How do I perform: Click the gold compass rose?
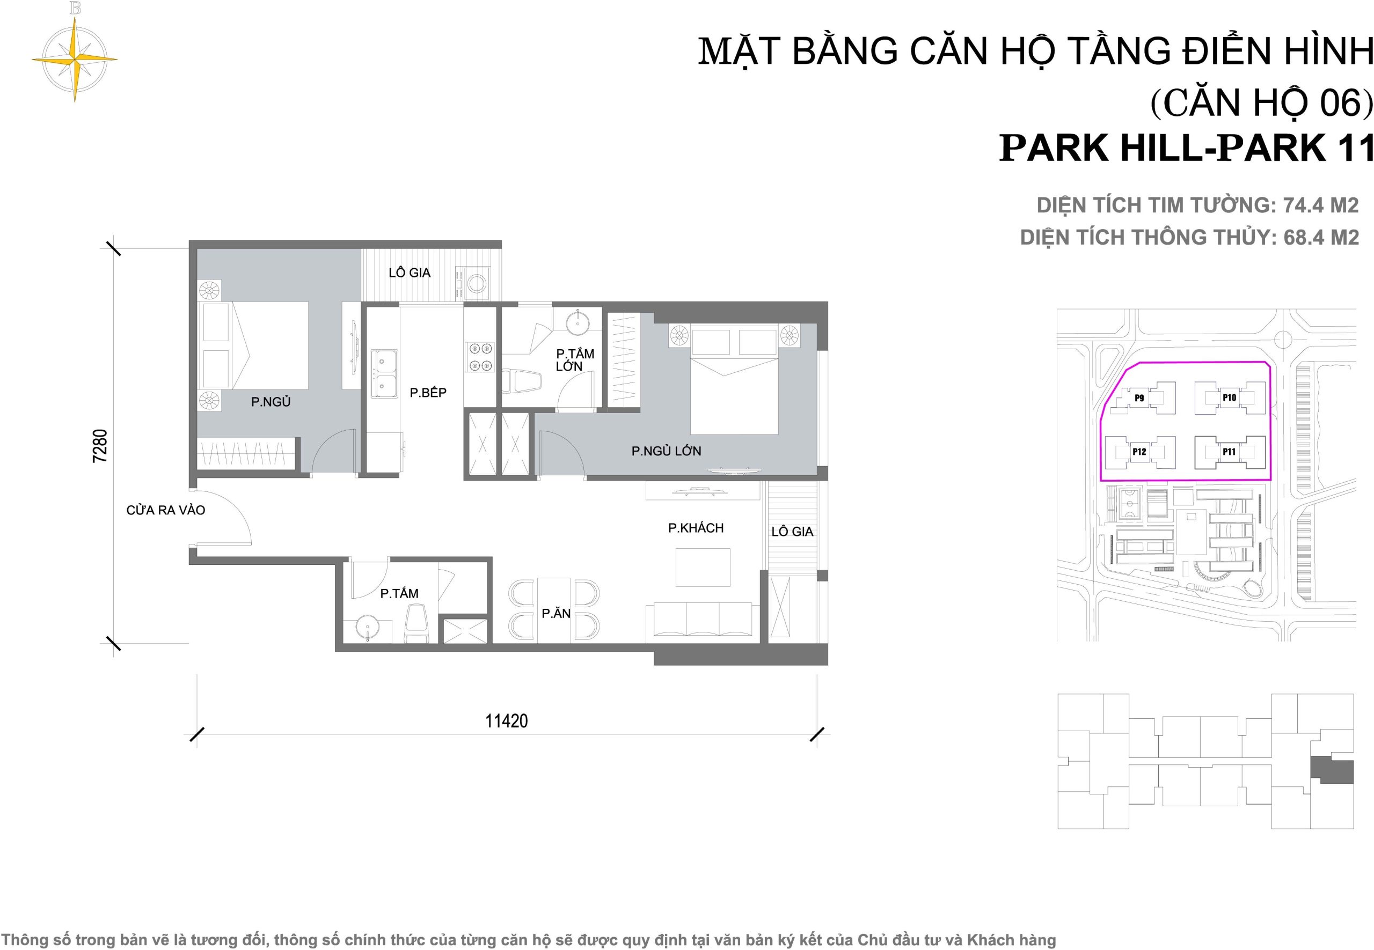pyautogui.click(x=75, y=59)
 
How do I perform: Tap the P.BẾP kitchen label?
pyautogui.click(x=428, y=392)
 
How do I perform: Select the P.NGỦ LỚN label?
pyautogui.click(x=666, y=451)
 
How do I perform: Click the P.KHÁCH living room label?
pyautogui.click(x=696, y=527)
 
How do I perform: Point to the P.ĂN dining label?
pyautogui.click(x=556, y=613)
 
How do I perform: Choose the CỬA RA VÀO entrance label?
pyautogui.click(x=165, y=510)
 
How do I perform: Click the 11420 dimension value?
pyautogui.click(x=506, y=721)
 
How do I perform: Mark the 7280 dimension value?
pyautogui.click(x=100, y=445)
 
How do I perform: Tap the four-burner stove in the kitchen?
pyautogui.click(x=479, y=356)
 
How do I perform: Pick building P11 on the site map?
pyautogui.click(x=1229, y=452)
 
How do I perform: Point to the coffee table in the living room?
pyautogui.click(x=703, y=567)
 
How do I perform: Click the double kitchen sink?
pyautogui.click(x=385, y=374)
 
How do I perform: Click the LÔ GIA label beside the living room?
pyautogui.click(x=792, y=532)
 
